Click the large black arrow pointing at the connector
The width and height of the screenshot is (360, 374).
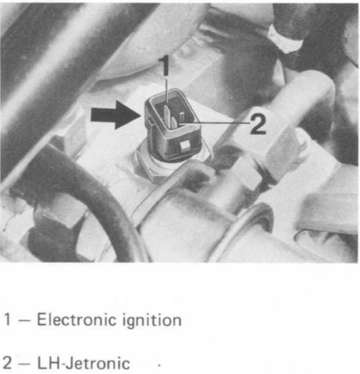pyautogui.click(x=115, y=116)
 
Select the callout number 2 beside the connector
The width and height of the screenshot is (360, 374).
pyautogui.click(x=258, y=123)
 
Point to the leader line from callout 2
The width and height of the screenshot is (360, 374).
pyautogui.click(x=214, y=123)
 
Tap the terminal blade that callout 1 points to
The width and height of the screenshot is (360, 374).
pyautogui.click(x=167, y=113)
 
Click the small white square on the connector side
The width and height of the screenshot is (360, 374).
pyautogui.click(x=185, y=146)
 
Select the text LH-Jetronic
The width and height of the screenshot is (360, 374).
pyautogui.click(x=84, y=363)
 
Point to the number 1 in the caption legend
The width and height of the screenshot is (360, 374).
pyautogui.click(x=7, y=319)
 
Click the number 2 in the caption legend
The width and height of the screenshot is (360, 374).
pyautogui.click(x=7, y=363)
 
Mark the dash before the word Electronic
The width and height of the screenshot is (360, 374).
pyautogui.click(x=24, y=321)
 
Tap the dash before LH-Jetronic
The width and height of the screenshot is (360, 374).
pyautogui.click(x=24, y=364)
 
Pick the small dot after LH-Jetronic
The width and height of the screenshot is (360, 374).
pyautogui.click(x=159, y=365)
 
